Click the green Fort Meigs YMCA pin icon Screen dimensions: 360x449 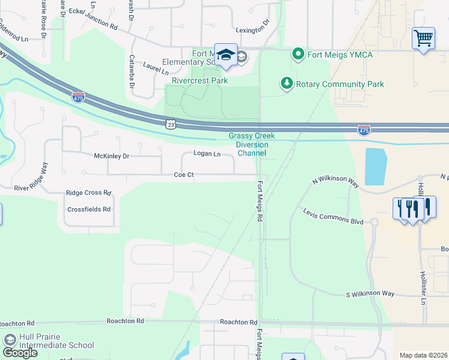[x=298, y=55]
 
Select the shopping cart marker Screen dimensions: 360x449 [x=423, y=38]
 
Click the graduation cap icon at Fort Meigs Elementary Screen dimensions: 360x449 [x=226, y=55]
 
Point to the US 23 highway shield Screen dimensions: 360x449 [x=171, y=124]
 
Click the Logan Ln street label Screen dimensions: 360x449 [x=207, y=154]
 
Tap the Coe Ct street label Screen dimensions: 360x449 [x=184, y=175]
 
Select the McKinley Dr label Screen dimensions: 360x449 [x=112, y=156]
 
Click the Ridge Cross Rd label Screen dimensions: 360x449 [x=89, y=193]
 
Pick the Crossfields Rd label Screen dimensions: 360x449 [x=89, y=209]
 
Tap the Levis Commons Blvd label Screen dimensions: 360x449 [x=333, y=217]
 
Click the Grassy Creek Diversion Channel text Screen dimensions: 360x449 [x=252, y=145]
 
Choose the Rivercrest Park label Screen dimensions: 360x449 [x=200, y=80]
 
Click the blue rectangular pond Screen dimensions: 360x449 [x=375, y=166]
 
